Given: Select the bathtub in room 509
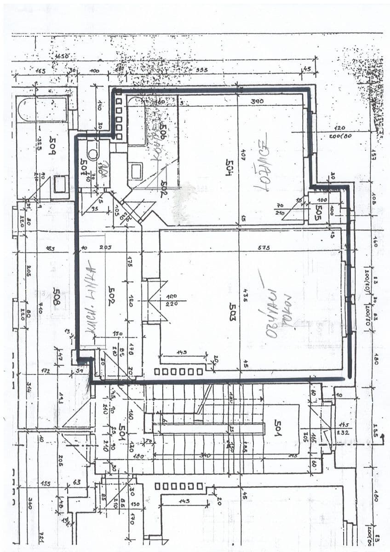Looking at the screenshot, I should pos(42,109).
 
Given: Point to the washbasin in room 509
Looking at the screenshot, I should pos(60,184).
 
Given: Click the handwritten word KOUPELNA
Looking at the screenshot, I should pos(155,134).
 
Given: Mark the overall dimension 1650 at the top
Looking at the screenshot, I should pos(62,56).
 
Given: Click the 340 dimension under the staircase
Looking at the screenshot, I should pos(205,455).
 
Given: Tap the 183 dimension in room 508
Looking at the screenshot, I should pos(50,249).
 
